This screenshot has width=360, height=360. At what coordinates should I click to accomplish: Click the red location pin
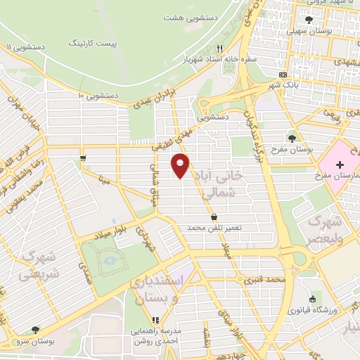pyautogui.click(x=181, y=165)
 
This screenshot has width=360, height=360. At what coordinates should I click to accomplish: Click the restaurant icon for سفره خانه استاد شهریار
pyautogui.click(x=219, y=49)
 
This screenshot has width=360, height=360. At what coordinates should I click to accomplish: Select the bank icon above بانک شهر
pyautogui.click(x=283, y=74)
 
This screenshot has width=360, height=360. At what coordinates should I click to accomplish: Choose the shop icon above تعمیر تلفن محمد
pyautogui.click(x=214, y=217)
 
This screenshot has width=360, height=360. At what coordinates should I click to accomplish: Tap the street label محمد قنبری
pyautogui.click(x=264, y=280)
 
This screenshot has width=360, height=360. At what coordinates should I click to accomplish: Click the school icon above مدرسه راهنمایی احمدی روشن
pyautogui.click(x=155, y=320)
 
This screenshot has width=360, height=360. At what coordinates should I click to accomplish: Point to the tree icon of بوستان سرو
pyautogui.click(x=35, y=329)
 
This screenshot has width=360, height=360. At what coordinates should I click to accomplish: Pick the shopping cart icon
pyautogui.click(x=84, y=157)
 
